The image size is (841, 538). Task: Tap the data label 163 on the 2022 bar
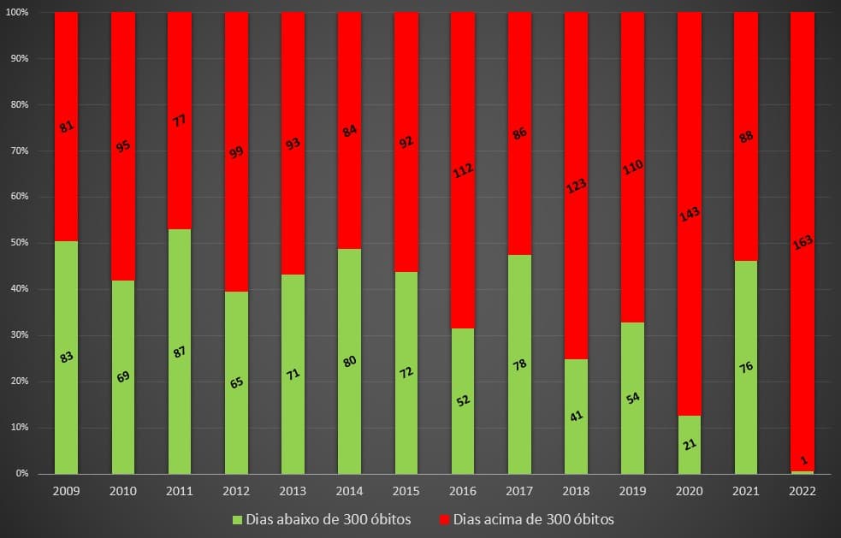click(803, 242)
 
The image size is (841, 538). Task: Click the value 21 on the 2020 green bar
click(690, 444)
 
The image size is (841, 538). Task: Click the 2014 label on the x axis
click(349, 491)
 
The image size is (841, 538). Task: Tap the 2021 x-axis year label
click(746, 491)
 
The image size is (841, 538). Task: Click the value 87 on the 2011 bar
click(180, 351)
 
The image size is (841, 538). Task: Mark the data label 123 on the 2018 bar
click(576, 184)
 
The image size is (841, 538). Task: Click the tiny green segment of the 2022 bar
click(802, 472)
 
